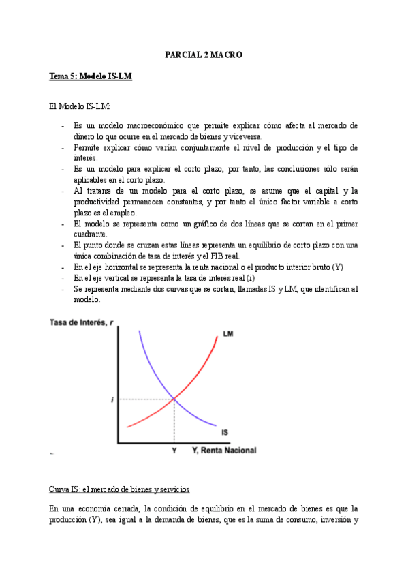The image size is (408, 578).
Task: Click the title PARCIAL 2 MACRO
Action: [204, 54]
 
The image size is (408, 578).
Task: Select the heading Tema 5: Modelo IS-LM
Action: [91, 77]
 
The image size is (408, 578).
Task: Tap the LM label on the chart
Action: [228, 334]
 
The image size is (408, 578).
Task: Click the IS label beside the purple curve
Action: [225, 432]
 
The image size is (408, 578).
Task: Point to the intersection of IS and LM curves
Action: [174, 399]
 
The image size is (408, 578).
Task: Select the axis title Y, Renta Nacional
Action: [223, 451]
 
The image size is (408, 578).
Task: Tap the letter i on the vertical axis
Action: [112, 399]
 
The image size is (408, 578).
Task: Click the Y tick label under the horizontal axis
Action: [174, 451]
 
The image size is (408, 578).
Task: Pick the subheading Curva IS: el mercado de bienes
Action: [119, 489]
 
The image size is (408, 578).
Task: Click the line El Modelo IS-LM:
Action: [80, 107]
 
